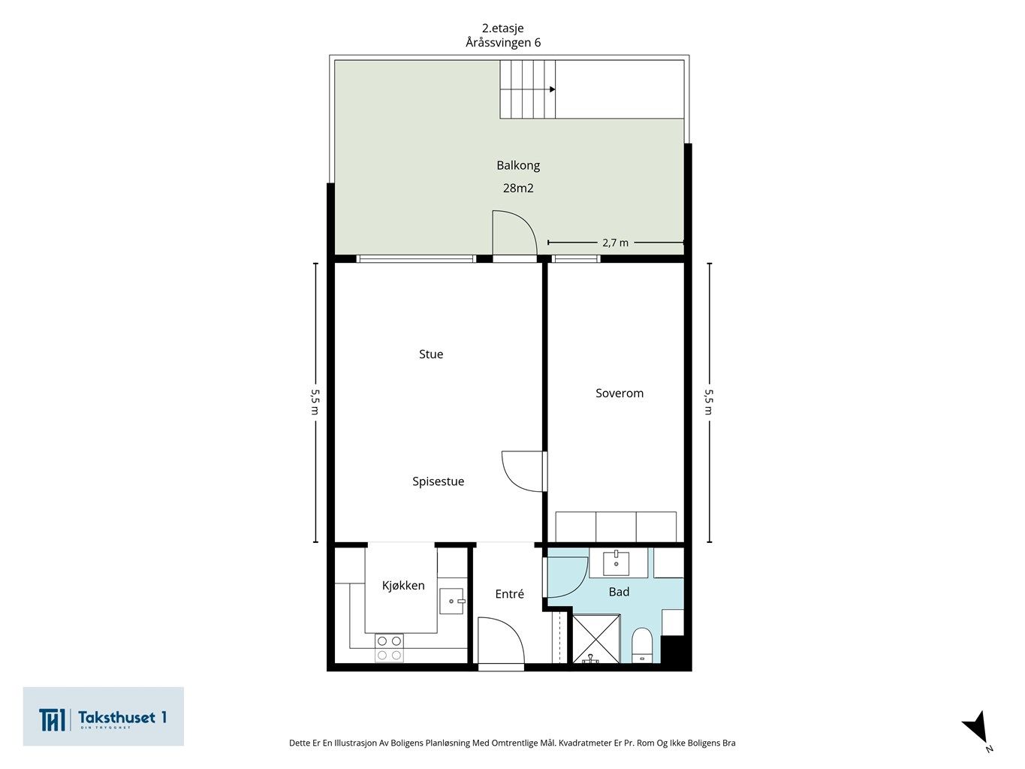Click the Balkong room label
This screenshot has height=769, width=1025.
(518, 165)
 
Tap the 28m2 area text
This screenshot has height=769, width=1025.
(518, 188)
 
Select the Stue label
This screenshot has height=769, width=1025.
(430, 354)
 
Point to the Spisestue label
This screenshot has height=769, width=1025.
(438, 481)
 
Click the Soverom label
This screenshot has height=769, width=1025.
(620, 394)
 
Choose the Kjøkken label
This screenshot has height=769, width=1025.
(403, 586)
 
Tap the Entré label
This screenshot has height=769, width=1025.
(509, 594)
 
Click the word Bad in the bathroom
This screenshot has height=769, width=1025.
(619, 592)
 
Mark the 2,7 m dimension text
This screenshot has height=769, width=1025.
(615, 243)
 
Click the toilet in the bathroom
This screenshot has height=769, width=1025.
(642, 646)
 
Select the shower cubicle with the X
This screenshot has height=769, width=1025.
(596, 639)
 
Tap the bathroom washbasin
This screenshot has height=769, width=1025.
(616, 563)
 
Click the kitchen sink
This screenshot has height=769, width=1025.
(452, 601)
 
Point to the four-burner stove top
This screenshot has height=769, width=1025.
(389, 648)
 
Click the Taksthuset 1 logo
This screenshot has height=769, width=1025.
(103, 716)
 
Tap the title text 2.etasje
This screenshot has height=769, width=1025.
(502, 29)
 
